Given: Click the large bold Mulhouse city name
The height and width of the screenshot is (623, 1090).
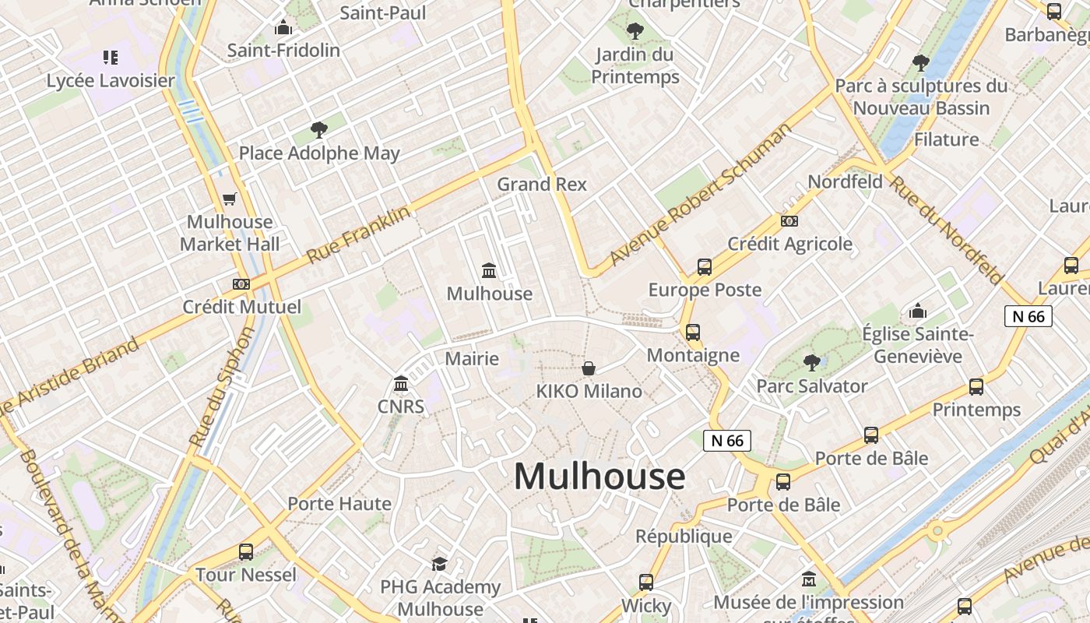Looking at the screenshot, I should (599, 476).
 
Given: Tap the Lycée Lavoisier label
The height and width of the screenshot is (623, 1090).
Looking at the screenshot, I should (111, 80).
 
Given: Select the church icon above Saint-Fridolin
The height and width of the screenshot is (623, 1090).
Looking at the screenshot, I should (283, 28).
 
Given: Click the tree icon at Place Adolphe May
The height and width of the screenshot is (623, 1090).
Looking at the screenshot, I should (318, 129).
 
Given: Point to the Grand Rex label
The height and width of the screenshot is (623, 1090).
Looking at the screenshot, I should (542, 185).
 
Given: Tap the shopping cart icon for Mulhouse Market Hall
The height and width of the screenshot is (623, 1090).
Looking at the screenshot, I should (230, 199).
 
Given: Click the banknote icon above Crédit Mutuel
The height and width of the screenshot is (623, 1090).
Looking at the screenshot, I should (241, 284).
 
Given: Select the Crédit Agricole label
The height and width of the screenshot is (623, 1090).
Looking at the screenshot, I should (790, 244).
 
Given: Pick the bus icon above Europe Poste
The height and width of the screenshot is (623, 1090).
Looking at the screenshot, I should (705, 267).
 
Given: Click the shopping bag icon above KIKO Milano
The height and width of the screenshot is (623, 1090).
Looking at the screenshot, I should (589, 368).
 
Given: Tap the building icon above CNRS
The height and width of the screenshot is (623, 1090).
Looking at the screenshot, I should (401, 383).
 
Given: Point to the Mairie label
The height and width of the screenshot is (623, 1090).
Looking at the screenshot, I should (472, 359).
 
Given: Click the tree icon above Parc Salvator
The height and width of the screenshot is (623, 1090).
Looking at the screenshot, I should (812, 362).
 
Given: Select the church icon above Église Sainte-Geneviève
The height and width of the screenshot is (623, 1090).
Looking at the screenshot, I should (918, 311).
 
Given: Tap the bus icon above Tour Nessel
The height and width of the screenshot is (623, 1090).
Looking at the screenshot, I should (246, 552).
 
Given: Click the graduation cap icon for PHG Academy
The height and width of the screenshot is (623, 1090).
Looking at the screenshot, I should (440, 564).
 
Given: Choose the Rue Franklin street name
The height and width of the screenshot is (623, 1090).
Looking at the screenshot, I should (358, 234).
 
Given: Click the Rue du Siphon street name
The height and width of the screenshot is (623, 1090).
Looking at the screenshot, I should (222, 387).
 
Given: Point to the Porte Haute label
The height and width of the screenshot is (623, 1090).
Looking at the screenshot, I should (339, 504).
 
